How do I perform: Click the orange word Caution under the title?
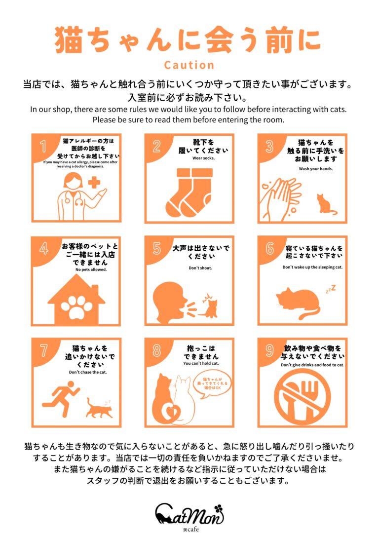point(189,65)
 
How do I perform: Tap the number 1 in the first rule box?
point(43,146)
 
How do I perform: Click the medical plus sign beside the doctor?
point(94,182)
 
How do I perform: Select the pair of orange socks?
point(189,192)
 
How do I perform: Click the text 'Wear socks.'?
point(203,158)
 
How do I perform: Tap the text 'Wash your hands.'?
point(315,168)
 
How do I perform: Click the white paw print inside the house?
point(76,306)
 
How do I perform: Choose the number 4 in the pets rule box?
point(43,249)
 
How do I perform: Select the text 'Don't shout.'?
point(200,268)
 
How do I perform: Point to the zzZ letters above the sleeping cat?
point(331,289)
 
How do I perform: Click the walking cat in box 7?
point(99,408)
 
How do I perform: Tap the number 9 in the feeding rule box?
point(269,350)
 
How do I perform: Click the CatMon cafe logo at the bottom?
point(189,516)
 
